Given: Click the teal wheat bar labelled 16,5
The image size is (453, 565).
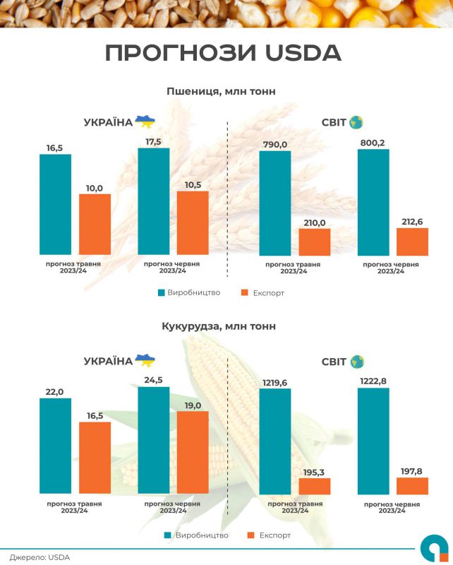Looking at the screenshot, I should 55,204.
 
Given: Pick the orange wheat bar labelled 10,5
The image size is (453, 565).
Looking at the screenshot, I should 193,222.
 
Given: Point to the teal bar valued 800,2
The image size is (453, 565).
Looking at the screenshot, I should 373,202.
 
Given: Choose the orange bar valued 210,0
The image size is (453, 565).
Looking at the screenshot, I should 314,242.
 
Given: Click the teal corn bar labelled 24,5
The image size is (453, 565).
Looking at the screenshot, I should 153,439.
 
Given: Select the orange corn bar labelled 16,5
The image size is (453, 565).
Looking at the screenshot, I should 95,457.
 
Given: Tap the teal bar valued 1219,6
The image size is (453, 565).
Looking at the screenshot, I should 275,440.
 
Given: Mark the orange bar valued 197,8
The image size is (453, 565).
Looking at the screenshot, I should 412,485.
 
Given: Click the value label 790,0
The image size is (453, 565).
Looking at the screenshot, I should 275,144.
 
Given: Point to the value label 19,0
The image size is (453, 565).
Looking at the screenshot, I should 193,405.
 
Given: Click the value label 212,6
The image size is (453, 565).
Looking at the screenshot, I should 412,222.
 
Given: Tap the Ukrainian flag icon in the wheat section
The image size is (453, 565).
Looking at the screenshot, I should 145,121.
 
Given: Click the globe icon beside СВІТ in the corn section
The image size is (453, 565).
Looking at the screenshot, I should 356,362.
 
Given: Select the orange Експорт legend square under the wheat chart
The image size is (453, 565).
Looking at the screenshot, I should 246,292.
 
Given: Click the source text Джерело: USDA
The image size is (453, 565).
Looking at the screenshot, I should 40,557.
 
